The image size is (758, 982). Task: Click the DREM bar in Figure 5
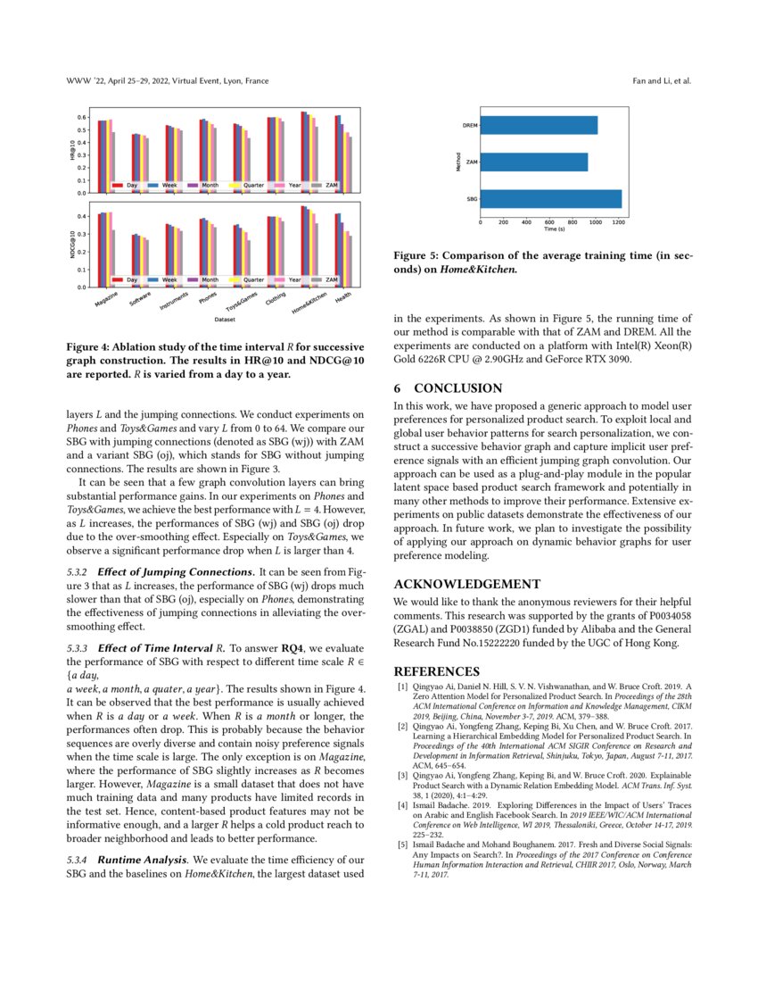pyautogui.click(x=539, y=126)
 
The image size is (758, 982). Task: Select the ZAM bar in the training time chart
pyautogui.click(x=533, y=162)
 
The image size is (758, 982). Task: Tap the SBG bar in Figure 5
pyautogui.click(x=550, y=199)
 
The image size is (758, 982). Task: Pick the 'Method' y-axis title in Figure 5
pyautogui.click(x=457, y=162)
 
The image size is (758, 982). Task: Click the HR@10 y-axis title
pyautogui.click(x=72, y=149)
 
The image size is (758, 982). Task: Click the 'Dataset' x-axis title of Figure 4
pyautogui.click(x=224, y=319)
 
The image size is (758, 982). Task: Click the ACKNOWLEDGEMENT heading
pyautogui.click(x=466, y=585)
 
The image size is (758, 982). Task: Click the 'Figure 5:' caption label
pyautogui.click(x=416, y=254)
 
